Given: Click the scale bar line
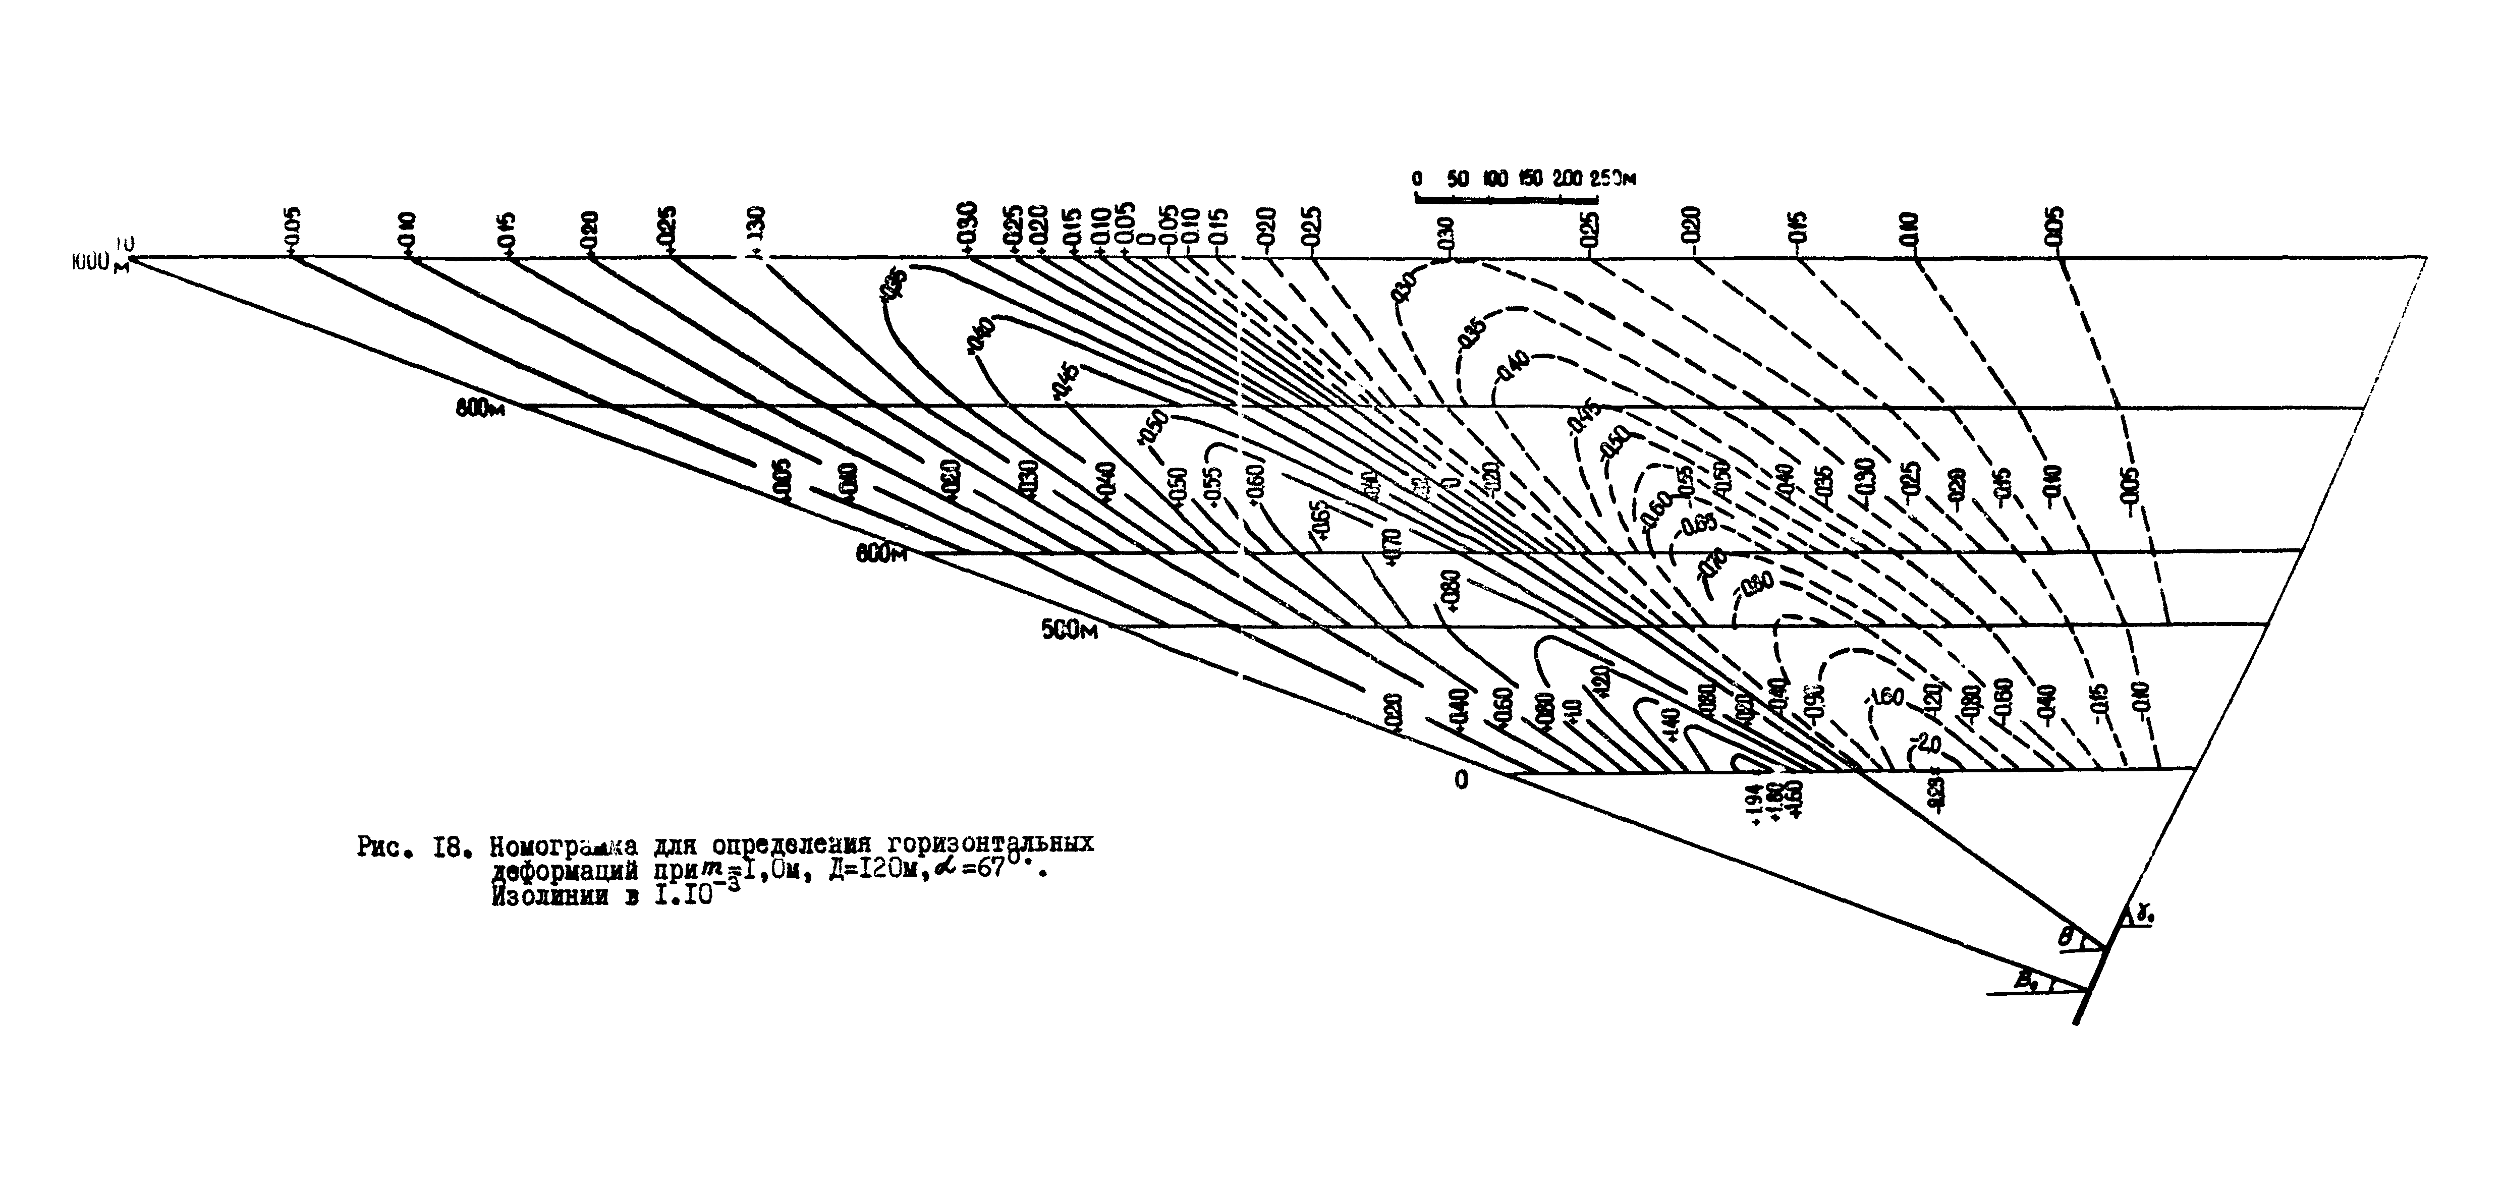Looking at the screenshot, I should pyautogui.click(x=1506, y=199).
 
